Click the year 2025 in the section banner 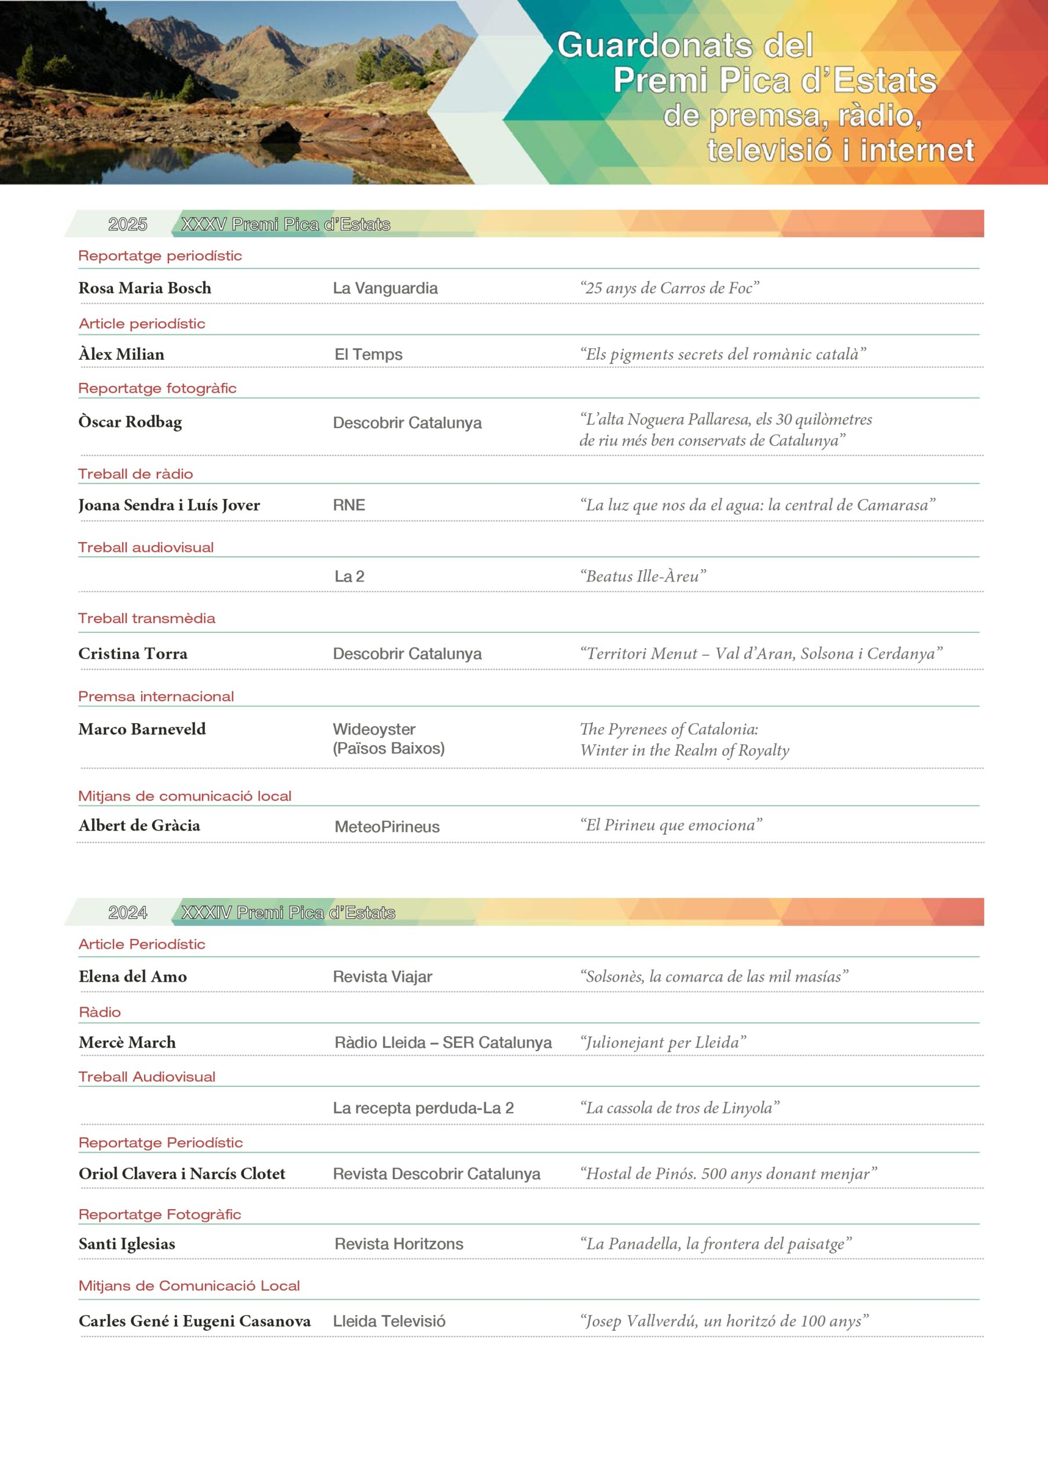click(127, 224)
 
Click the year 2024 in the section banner click(127, 912)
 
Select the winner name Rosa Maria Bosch click(145, 288)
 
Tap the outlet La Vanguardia click(385, 288)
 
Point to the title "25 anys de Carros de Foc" click(668, 288)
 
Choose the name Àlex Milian click(122, 354)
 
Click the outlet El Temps click(368, 354)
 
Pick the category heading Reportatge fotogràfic click(157, 388)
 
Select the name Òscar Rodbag click(130, 422)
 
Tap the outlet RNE click(348, 505)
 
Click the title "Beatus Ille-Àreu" click(642, 576)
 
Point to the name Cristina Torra click(133, 653)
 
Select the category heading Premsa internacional click(156, 697)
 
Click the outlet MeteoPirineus click(387, 826)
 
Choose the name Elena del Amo click(133, 977)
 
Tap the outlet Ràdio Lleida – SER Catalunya click(443, 1042)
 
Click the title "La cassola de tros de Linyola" click(679, 1107)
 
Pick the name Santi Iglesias click(127, 1244)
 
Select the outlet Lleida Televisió click(388, 1321)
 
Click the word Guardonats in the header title click(655, 46)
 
